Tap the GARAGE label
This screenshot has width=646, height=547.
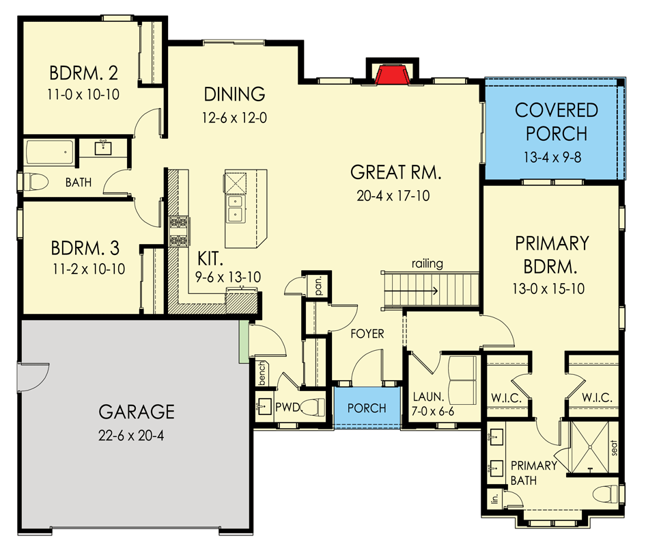coord(137,412)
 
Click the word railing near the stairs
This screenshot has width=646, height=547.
coord(427,263)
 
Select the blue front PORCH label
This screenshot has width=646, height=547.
coord(367,408)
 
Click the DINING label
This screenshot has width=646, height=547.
coord(234,94)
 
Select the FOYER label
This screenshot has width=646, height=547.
coord(367,334)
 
